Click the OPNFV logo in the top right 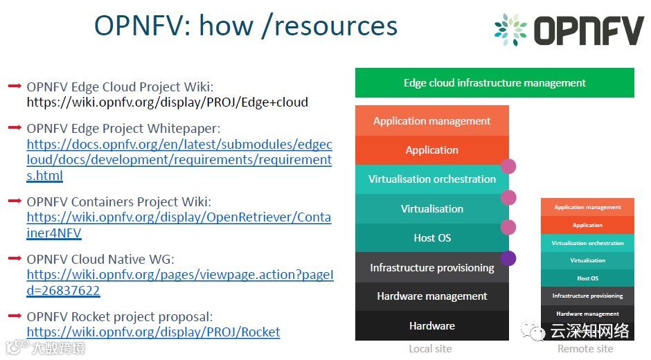[x=569, y=30]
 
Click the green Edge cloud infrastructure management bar [x=494, y=83]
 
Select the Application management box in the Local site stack [x=431, y=121]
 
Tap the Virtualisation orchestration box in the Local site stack [x=431, y=179]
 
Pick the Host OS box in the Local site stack [x=431, y=238]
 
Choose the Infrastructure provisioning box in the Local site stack [x=431, y=267]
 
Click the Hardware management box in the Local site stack [x=431, y=296]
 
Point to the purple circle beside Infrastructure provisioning [x=508, y=258]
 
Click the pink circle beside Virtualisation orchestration [x=508, y=166]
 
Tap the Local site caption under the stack [x=430, y=349]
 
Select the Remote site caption [x=585, y=349]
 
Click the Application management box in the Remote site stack [x=587, y=207]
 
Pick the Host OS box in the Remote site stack [x=587, y=278]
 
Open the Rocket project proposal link [x=153, y=332]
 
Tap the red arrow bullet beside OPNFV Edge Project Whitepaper [x=15, y=127]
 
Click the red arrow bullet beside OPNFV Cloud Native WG [x=15, y=258]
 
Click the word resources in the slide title [x=336, y=26]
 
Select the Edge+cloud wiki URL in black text [x=167, y=102]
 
